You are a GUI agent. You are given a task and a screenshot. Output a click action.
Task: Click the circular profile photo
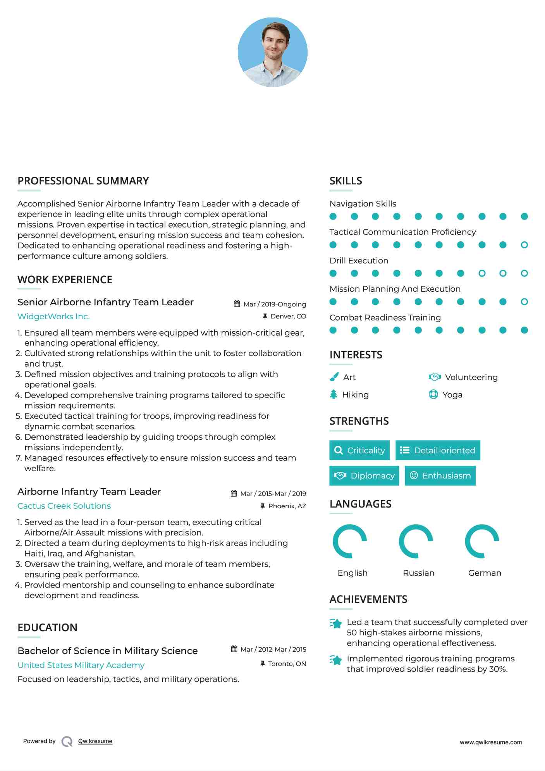[x=272, y=52]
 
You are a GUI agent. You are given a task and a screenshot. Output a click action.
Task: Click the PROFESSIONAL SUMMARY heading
[x=83, y=181]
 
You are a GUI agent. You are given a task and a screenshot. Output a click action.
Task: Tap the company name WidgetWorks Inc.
[x=53, y=317]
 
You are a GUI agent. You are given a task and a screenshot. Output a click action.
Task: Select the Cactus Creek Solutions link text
[x=64, y=506]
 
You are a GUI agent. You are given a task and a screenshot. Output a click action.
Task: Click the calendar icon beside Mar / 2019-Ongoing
[x=237, y=304]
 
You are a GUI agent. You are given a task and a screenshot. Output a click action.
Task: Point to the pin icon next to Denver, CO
[x=265, y=317]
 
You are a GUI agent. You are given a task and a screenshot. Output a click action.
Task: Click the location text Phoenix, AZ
[x=287, y=506]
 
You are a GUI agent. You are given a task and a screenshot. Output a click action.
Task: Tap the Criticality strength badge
[x=359, y=450]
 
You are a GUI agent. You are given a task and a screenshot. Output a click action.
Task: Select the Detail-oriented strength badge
[x=438, y=450]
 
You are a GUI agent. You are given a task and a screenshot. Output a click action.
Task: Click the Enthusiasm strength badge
[x=440, y=476]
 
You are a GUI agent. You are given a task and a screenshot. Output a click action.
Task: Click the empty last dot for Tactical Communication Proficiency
[x=524, y=245]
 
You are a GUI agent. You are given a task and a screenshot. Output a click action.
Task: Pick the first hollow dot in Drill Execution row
[x=482, y=274]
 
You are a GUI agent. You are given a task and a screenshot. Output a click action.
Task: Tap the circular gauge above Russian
[x=416, y=541]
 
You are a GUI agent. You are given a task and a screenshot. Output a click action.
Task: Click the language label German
[x=485, y=573]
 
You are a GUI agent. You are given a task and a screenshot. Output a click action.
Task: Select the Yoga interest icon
[x=433, y=394]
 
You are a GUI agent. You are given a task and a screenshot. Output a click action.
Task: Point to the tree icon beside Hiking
[x=334, y=394]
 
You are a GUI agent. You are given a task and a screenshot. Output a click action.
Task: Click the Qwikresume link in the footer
[x=95, y=741]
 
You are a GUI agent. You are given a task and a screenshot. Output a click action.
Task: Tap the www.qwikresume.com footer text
[x=491, y=742]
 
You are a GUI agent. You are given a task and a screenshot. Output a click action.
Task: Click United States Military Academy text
[x=81, y=665]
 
